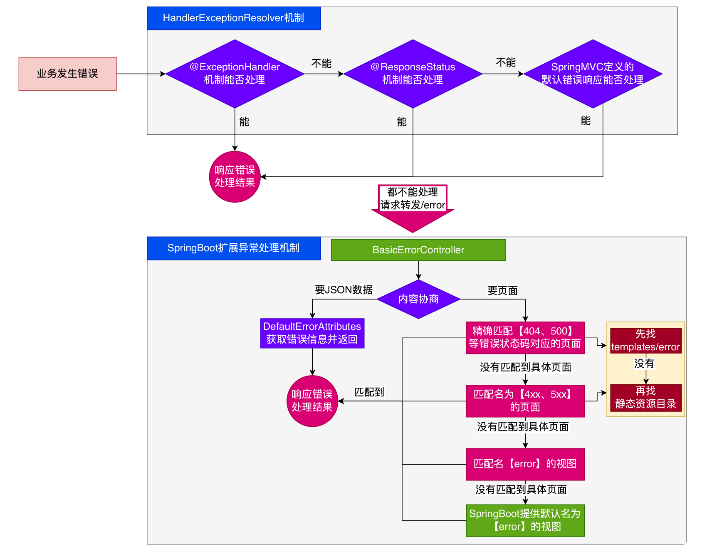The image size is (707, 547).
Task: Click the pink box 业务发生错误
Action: tap(67, 74)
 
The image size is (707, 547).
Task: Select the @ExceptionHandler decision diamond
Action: tap(235, 74)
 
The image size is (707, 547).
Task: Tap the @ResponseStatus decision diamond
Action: tap(413, 74)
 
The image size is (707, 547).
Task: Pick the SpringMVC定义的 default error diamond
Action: tap(593, 74)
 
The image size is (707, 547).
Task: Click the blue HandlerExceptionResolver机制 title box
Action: tap(234, 18)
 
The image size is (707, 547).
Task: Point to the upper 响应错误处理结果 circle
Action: tap(235, 177)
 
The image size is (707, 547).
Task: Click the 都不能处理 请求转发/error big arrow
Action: tap(413, 208)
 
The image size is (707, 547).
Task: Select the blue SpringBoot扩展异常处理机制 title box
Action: tap(234, 248)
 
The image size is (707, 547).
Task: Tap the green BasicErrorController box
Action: tap(418, 250)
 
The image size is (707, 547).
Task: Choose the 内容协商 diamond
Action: tap(418, 299)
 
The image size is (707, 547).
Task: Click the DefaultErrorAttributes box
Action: tap(312, 333)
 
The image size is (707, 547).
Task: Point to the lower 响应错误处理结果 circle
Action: tap(312, 401)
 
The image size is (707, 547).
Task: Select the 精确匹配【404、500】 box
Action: tap(525, 338)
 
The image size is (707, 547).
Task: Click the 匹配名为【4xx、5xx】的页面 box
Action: tap(525, 401)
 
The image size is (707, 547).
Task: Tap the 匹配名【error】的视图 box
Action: tap(525, 464)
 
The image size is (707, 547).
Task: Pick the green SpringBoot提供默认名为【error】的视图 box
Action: tap(525, 520)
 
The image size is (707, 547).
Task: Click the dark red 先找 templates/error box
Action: tap(645, 341)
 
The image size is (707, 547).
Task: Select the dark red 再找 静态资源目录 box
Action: tap(645, 398)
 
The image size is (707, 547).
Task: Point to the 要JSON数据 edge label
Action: tap(344, 290)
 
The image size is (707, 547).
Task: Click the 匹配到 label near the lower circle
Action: tap(369, 392)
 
